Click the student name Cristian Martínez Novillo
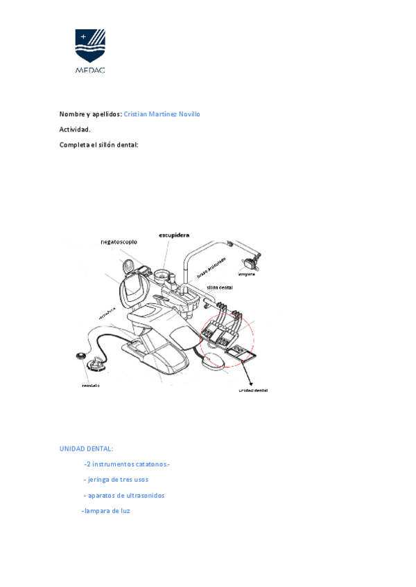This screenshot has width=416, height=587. point(162,114)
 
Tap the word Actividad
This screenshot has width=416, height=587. point(75,129)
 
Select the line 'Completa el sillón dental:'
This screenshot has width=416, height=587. point(98,145)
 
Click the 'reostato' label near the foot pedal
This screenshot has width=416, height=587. point(91,386)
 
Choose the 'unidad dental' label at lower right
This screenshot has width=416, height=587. point(253,390)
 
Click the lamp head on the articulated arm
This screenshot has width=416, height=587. point(250,262)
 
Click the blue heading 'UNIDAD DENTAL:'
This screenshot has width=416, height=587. point(86,449)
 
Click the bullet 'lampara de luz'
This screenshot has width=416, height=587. point(105,512)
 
